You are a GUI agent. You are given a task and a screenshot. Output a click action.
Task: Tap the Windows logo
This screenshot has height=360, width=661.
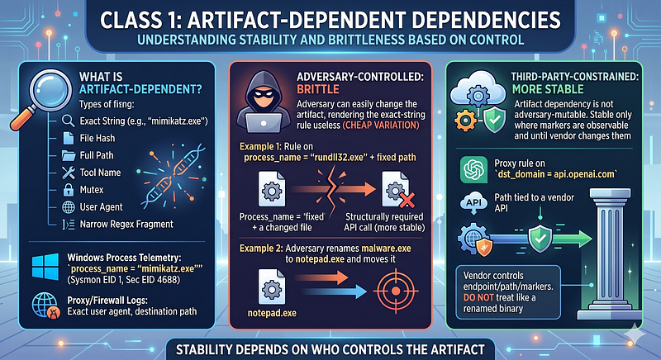click(45, 266)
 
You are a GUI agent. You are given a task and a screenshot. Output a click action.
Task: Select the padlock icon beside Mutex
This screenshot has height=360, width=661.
click(69, 189)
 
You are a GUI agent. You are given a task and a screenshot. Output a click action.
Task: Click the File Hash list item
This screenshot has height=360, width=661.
click(88, 138)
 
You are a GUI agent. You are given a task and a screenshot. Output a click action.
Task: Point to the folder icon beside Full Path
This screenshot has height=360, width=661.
click(69, 155)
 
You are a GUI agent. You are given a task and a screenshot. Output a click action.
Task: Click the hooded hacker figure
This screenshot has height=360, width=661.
click(264, 101)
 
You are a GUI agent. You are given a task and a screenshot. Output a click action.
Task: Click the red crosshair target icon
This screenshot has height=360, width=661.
click(396, 291)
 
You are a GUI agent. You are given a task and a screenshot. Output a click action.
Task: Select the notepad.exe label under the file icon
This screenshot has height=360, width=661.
click(272, 313)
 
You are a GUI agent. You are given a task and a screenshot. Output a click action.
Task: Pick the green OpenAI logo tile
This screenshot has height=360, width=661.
click(473, 170)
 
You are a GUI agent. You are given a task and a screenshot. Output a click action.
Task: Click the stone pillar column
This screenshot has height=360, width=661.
click(609, 253)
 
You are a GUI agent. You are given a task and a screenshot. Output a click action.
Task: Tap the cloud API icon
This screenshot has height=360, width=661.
click(473, 204)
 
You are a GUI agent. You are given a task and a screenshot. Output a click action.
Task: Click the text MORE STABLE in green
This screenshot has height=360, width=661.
click(548, 89)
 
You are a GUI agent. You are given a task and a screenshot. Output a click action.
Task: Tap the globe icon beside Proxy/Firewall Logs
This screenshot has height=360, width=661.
click(45, 306)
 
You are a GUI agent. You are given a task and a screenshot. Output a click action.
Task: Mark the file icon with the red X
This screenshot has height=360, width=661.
click(397, 189)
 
